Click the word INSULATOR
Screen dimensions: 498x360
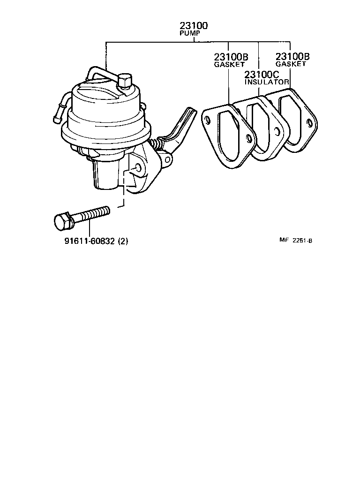(x=267, y=82)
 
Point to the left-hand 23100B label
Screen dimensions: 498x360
(x=231, y=57)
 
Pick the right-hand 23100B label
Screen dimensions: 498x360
(x=293, y=57)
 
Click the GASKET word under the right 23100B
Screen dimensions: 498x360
(x=291, y=64)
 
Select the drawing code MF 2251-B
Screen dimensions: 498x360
(x=296, y=241)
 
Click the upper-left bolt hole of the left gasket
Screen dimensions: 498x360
(x=206, y=118)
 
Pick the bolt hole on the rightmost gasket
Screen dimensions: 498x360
(x=309, y=123)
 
